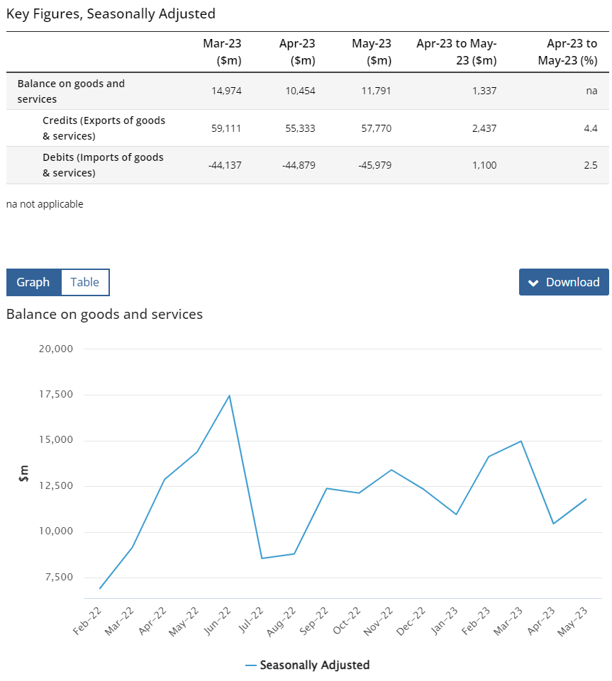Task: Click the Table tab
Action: [85, 282]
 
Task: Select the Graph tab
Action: [33, 282]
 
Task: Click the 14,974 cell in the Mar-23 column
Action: [226, 91]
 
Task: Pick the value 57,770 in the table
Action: [376, 128]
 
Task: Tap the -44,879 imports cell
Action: [299, 165]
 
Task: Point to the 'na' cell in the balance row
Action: [591, 91]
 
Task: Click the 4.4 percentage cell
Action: [591, 128]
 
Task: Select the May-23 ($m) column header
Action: [372, 52]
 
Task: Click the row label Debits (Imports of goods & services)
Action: [103, 165]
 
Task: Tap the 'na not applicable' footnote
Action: [45, 204]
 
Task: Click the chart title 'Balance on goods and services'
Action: [104, 314]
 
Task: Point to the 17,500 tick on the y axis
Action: [56, 394]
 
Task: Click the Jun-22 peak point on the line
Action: [229, 395]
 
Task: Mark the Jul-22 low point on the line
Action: [262, 558]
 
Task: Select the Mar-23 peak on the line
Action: [521, 441]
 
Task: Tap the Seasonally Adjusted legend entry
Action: [307, 665]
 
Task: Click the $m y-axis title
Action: [23, 473]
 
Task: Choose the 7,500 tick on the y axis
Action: [59, 578]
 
